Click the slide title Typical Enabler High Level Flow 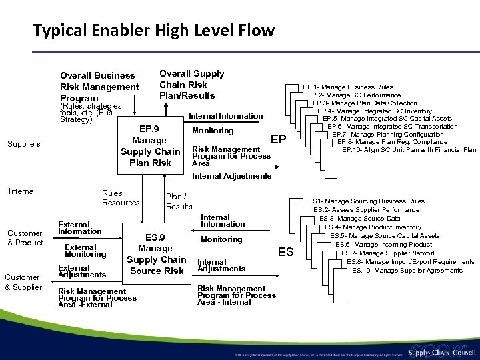pos(153,30)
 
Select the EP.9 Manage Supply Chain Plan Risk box pos(151,145)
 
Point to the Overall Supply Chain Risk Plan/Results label pos(191,85)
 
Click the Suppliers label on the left pos(24,144)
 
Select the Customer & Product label pos(25,237)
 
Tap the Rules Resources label pos(121,198)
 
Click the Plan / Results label pos(178,201)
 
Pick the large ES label pos(286,251)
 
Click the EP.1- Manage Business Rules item pos(348,87)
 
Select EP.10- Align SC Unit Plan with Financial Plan pos(409,149)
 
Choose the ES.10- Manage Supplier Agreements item pos(407,270)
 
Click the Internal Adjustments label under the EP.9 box pos(231,177)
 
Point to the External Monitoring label pos(85,251)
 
